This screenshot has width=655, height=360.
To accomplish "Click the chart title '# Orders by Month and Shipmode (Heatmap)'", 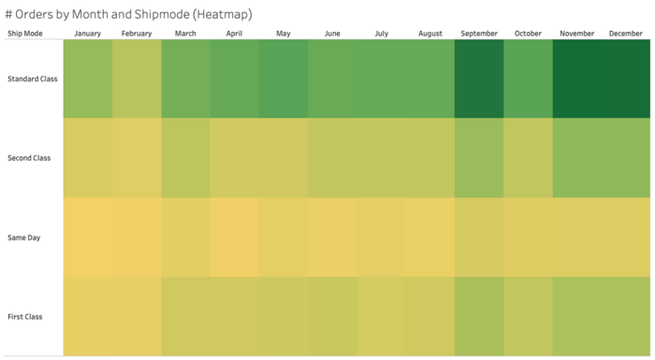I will coord(128,15).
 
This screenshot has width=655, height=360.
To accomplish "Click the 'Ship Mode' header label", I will coord(25,34).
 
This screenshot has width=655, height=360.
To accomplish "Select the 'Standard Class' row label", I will coord(32,79).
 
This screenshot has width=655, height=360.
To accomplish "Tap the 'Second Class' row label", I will coord(29,158).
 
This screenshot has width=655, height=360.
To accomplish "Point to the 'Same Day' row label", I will coord(24,238).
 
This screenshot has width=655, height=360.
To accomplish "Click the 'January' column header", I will coord(88,34).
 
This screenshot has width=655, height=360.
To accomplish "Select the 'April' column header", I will coord(234,34).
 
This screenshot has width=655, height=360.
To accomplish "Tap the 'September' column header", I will coord(479,34).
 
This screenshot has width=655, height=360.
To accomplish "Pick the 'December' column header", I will coord(626,34).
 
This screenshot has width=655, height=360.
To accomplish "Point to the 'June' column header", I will coord(332,34).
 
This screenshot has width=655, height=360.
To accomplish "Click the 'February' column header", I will coord(137,34).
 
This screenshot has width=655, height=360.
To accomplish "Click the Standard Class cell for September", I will coord(479,79).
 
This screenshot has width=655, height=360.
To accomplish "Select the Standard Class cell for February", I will coord(137,79).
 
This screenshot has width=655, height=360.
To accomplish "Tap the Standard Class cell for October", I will coord(528,79).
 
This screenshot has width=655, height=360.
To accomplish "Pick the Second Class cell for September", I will coord(479,158).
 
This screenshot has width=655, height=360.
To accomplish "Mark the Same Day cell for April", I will coord(234,238).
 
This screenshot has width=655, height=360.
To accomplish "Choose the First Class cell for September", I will coord(479,317).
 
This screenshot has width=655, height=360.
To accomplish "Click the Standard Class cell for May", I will coord(283,79).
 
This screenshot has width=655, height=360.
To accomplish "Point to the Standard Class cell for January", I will coord(88,79).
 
